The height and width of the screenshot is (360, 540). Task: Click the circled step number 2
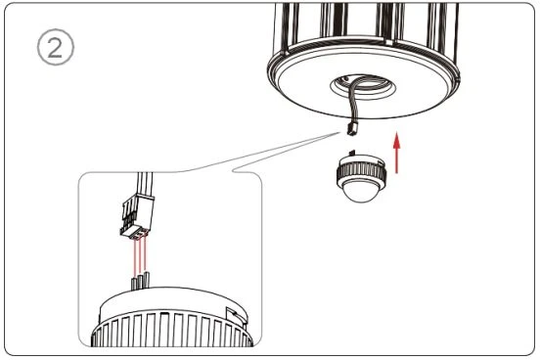point(55,47)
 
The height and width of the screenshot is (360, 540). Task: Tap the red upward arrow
point(397,153)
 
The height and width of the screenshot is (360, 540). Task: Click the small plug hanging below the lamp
point(351,128)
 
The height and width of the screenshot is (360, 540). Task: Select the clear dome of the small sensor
point(361,191)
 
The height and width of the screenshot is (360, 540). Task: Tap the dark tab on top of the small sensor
point(352,153)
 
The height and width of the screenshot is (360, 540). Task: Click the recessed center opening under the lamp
point(362,87)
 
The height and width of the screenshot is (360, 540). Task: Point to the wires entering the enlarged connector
point(145,184)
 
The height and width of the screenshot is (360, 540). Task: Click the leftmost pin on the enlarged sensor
point(134,284)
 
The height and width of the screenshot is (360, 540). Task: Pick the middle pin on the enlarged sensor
point(140,281)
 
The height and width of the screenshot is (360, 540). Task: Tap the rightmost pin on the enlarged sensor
point(147,280)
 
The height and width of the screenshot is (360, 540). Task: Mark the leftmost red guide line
point(134,257)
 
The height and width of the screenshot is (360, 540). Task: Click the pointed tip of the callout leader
point(338,132)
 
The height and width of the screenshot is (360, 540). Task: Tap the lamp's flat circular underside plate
point(363,86)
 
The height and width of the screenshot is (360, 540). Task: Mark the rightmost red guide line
point(146,254)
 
